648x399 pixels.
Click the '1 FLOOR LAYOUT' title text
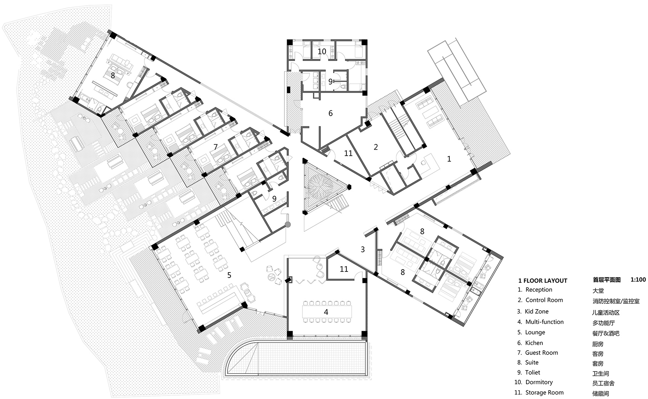click(x=543, y=281)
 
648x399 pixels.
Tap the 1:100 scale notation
click(x=638, y=280)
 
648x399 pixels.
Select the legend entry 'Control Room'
click(x=544, y=300)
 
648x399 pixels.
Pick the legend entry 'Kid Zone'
click(x=537, y=311)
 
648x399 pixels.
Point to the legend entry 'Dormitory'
click(x=539, y=382)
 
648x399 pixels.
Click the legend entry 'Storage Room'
click(x=544, y=393)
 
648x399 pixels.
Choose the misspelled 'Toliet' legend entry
click(x=533, y=372)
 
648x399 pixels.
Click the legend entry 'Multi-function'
click(x=544, y=322)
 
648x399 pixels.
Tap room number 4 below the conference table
click(x=326, y=312)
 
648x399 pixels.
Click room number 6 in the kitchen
click(x=330, y=113)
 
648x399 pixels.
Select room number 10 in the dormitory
click(x=322, y=51)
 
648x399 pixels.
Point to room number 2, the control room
click(x=375, y=147)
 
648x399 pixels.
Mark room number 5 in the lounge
click(x=229, y=275)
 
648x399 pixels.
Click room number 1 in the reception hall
click(x=449, y=159)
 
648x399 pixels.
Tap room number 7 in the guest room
click(x=215, y=147)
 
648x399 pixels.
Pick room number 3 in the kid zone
click(x=363, y=249)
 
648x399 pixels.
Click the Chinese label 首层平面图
click(x=606, y=280)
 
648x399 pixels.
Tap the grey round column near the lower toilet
click(x=287, y=224)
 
